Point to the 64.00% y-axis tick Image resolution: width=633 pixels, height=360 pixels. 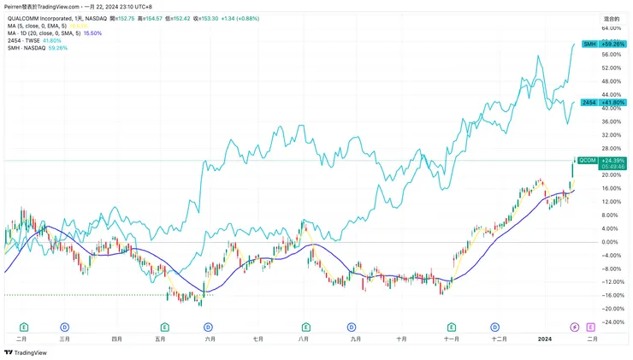tap(610, 27)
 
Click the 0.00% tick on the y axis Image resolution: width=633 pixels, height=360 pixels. tap(610, 242)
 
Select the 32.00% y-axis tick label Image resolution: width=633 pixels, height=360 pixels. tap(610, 135)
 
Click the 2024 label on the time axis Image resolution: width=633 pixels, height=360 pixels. tap(543, 339)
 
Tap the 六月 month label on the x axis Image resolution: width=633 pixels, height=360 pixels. tap(210, 339)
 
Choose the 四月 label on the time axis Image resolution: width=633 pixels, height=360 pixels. tap(116, 339)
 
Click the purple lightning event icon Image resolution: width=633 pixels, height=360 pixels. tap(574, 327)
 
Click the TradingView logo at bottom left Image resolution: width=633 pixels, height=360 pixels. tap(25, 351)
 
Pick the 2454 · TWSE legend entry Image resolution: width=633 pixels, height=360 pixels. tap(34, 40)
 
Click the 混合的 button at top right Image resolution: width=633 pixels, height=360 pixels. tap(611, 17)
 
